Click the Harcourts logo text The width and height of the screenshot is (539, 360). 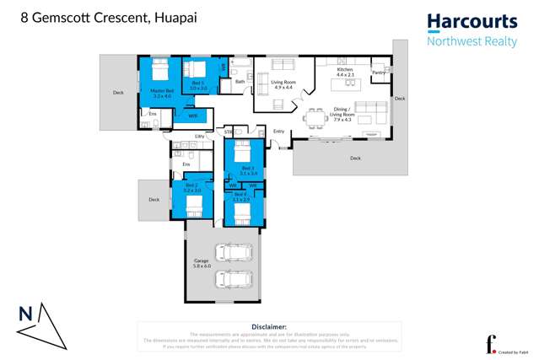472,21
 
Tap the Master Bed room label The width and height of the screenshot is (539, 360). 162,93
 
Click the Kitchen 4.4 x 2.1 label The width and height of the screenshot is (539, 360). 345,73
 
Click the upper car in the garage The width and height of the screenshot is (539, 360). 234,252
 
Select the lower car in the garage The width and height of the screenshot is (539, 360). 234,279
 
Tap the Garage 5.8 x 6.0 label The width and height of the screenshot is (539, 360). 201,263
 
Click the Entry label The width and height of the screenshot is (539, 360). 279,131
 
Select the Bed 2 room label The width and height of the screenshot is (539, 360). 191,187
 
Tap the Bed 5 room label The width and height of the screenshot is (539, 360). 198,85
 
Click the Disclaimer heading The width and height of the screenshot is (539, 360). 269,326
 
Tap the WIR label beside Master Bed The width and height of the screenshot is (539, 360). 192,116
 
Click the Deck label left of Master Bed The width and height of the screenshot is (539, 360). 118,93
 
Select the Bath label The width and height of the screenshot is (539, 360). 240,82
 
